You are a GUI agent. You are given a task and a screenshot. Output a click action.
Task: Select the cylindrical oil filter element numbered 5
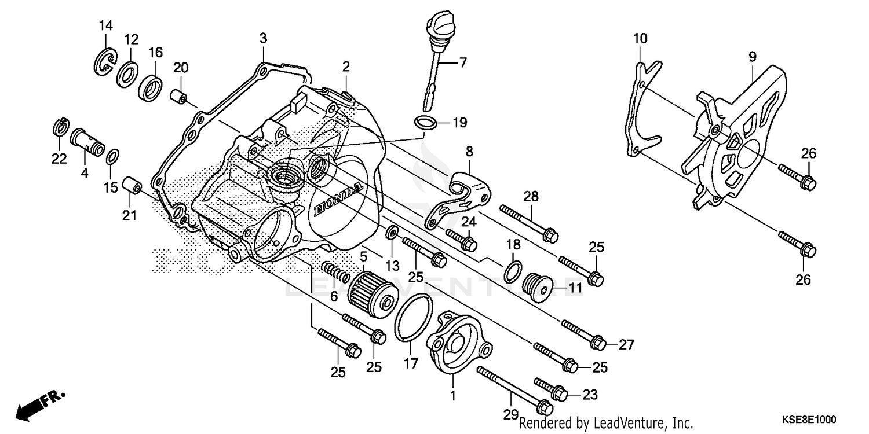coord(371,289)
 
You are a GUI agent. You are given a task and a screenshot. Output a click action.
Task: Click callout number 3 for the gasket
coord(263,39)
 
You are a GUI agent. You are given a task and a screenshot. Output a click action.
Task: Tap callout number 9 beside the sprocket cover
coord(752,57)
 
